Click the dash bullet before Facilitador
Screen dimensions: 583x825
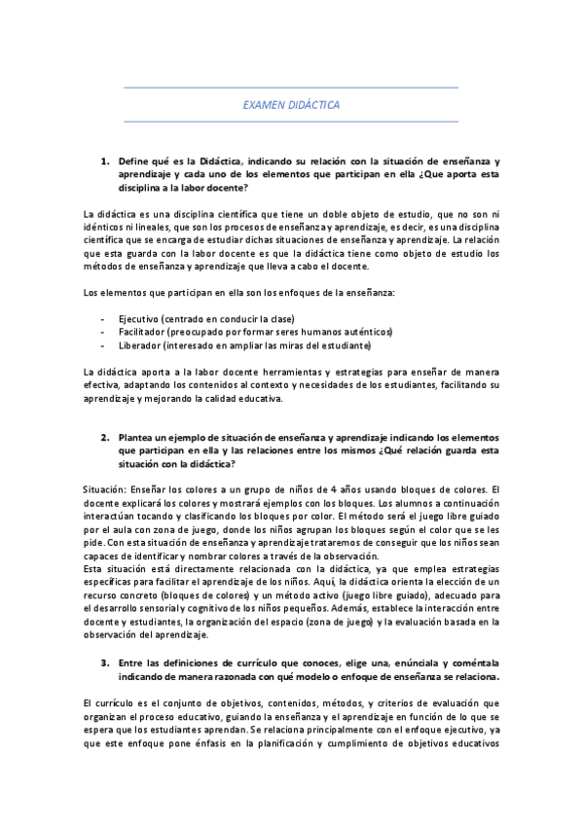102,332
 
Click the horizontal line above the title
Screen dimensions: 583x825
291,88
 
